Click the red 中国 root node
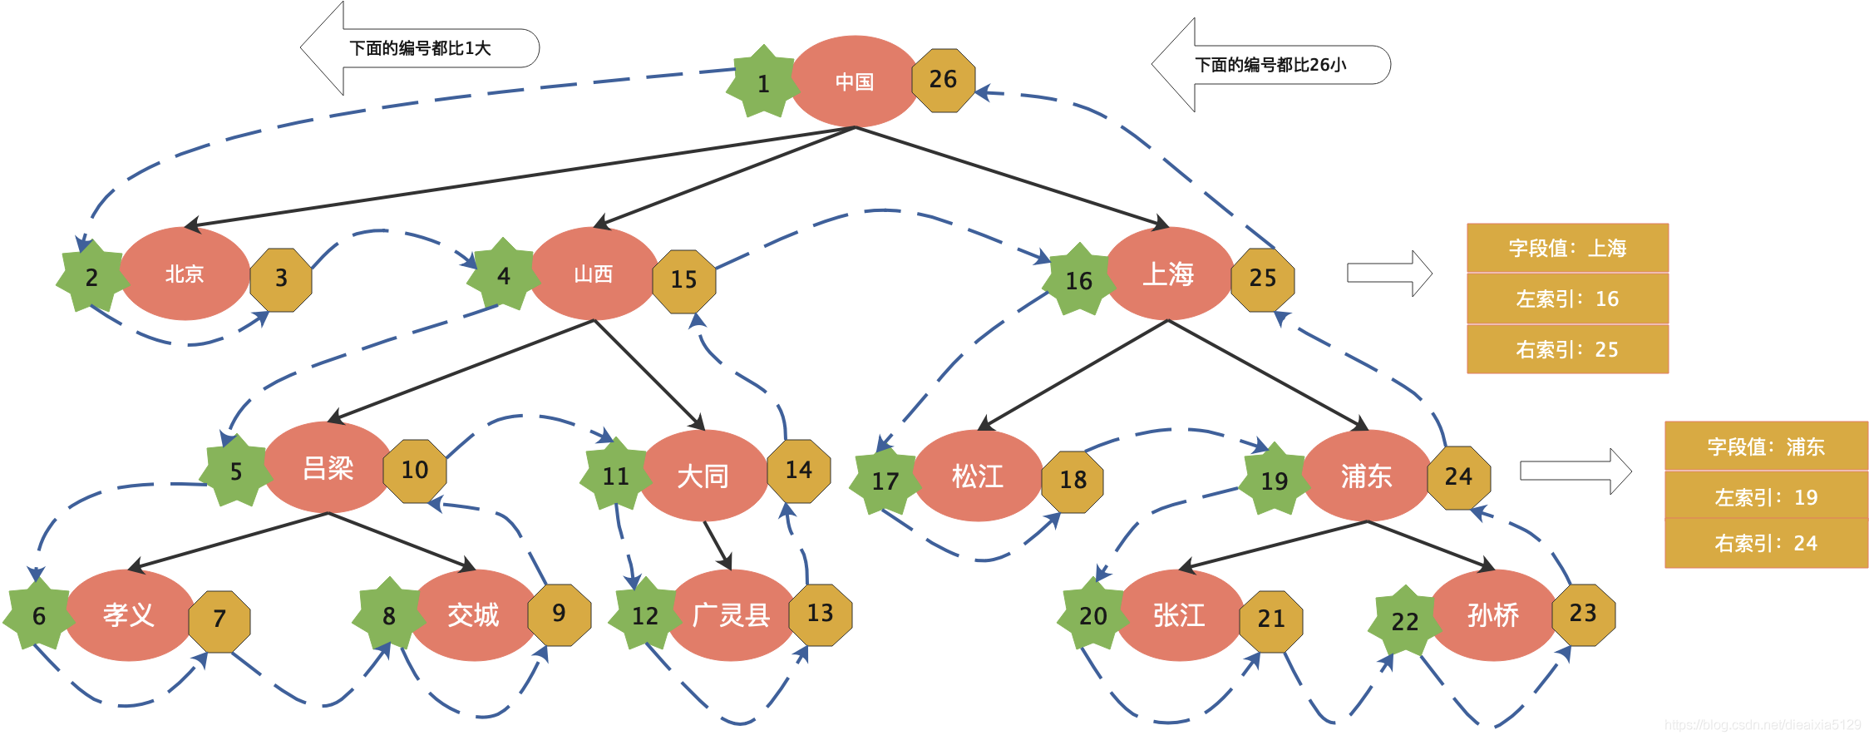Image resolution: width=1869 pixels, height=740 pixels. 854,81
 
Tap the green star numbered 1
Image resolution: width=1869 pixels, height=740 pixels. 762,83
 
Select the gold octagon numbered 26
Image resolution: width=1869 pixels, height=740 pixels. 943,80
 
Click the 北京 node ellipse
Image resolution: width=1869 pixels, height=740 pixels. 184,274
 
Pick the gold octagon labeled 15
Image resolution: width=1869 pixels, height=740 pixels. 683,280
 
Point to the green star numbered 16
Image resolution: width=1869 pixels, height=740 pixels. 1078,281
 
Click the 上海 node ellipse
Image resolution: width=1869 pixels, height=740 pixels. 1168,274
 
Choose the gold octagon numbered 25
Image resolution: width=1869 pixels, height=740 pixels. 1262,279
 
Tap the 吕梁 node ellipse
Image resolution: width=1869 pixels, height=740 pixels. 328,468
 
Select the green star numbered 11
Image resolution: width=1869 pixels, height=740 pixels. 615,476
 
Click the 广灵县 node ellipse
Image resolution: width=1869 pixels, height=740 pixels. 731,615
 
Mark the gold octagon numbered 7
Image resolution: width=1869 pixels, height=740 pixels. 219,619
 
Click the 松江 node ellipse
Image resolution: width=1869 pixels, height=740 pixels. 978,476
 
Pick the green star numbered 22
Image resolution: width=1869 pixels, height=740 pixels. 1404,621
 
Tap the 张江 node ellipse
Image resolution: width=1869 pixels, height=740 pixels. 1179,615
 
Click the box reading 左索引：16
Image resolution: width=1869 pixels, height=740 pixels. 1567,298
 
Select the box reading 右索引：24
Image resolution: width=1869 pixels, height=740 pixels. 1766,544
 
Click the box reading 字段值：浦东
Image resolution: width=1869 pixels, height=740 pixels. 1766,446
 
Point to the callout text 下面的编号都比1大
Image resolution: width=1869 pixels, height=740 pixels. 421,48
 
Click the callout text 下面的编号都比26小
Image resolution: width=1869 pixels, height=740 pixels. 1270,65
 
